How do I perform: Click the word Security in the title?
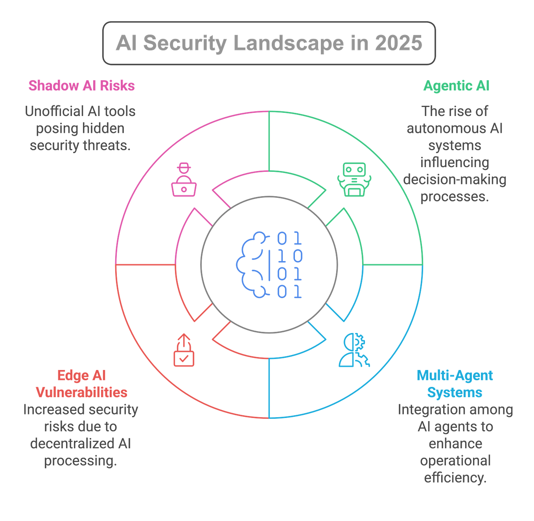click(185, 43)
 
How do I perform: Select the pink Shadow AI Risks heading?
click(81, 85)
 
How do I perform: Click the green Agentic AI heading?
click(456, 85)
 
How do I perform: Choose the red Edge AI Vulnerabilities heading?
click(81, 384)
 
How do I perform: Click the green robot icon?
click(354, 179)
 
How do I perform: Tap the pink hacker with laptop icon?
click(184, 179)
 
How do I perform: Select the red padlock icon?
click(184, 350)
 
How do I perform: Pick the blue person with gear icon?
click(354, 350)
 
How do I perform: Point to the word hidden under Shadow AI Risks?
click(103, 129)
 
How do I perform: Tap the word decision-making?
click(455, 179)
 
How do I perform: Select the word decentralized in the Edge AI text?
click(73, 444)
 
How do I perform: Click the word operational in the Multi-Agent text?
click(455, 460)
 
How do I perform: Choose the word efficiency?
click(455, 478)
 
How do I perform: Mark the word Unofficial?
click(53, 112)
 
